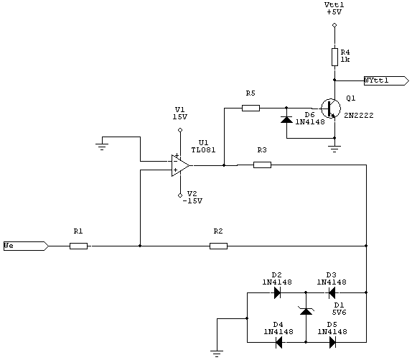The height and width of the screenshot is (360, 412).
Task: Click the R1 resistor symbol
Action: pyautogui.click(x=78, y=246)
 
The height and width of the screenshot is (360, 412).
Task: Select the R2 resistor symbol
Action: pyautogui.click(x=218, y=246)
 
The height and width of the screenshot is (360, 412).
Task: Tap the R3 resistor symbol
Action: pyautogui.click(x=262, y=165)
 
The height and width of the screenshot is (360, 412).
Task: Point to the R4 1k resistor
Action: pyautogui.click(x=334, y=57)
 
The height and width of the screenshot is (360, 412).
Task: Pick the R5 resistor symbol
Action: pyautogui.click(x=251, y=108)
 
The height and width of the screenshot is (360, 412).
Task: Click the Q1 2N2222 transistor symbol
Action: pyautogui.click(x=331, y=108)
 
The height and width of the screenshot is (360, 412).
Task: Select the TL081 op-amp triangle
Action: pyautogui.click(x=180, y=165)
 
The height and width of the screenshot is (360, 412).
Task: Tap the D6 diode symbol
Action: pyautogui.click(x=286, y=120)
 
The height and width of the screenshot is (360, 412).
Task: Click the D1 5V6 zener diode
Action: pyautogui.click(x=306, y=311)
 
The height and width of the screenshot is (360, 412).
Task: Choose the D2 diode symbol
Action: pyautogui.click(x=277, y=292)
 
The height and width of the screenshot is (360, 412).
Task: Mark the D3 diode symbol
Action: pyautogui.click(x=332, y=292)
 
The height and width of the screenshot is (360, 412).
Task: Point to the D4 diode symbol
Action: pyautogui.click(x=278, y=342)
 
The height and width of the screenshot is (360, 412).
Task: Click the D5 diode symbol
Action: pyautogui.click(x=332, y=342)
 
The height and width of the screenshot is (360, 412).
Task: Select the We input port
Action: pyautogui.click(x=26, y=246)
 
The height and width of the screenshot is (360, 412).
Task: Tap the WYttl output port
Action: pyautogui.click(x=386, y=80)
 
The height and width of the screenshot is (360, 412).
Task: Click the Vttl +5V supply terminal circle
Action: pyautogui.click(x=334, y=25)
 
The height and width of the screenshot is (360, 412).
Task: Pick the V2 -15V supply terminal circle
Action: pyautogui.click(x=180, y=195)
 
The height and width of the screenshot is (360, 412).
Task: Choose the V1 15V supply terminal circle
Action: pyautogui.click(x=180, y=130)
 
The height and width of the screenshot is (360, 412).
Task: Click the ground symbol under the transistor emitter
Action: pyautogui.click(x=334, y=149)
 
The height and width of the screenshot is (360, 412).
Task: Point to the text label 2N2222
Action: pyautogui.click(x=359, y=116)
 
